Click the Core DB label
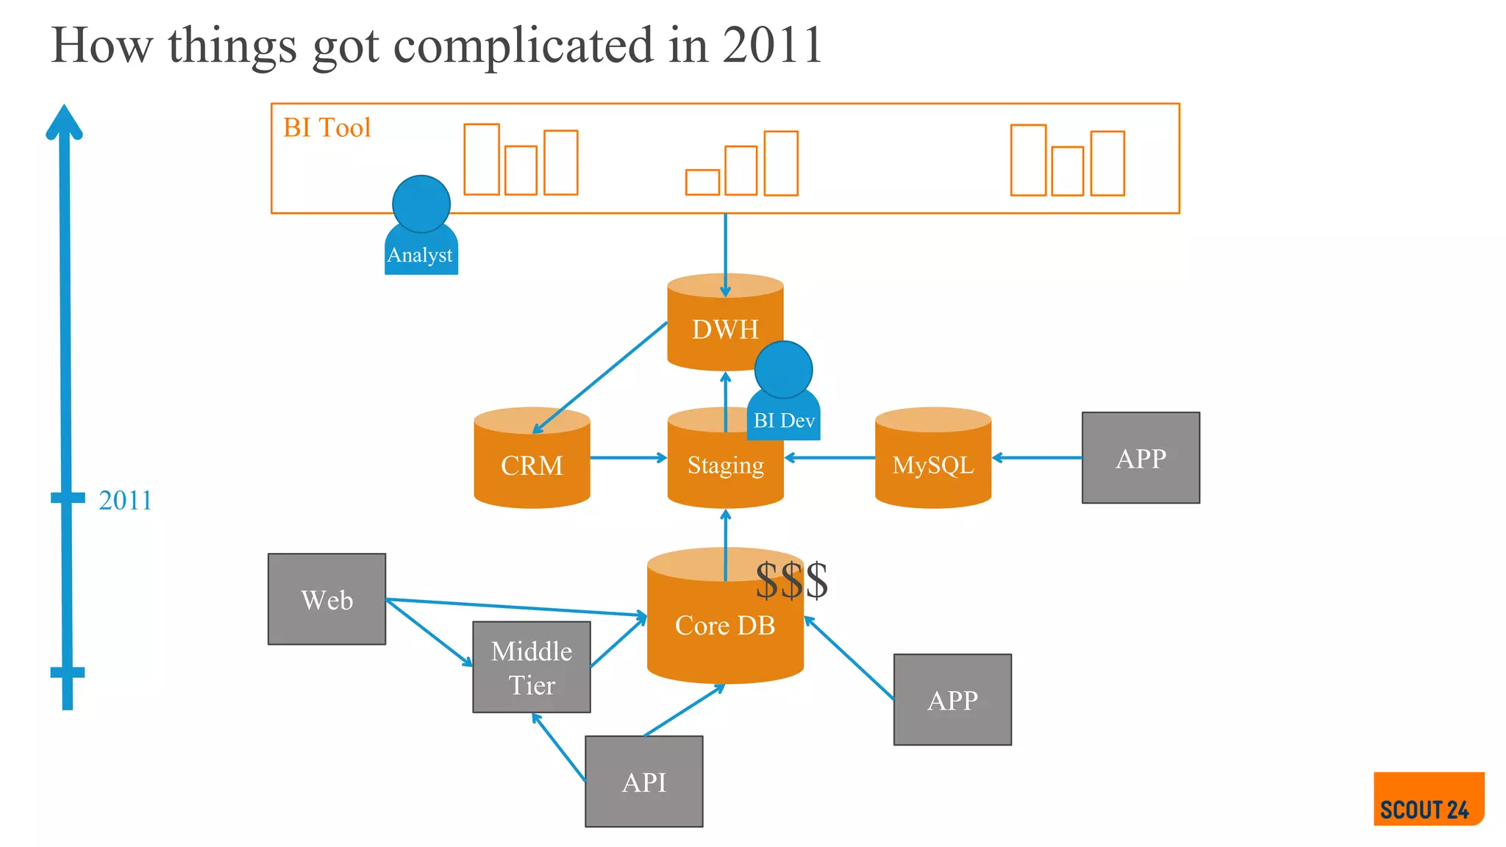724,626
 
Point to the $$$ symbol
791,581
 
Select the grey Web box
326,599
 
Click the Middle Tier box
531,667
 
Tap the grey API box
643,781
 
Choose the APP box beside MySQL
1140,457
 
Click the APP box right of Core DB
952,699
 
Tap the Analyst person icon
421,228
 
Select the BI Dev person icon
783,393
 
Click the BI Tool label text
326,128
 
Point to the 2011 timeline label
125,500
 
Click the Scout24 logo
1427,798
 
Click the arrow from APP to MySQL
1036,457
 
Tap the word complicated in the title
523,46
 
